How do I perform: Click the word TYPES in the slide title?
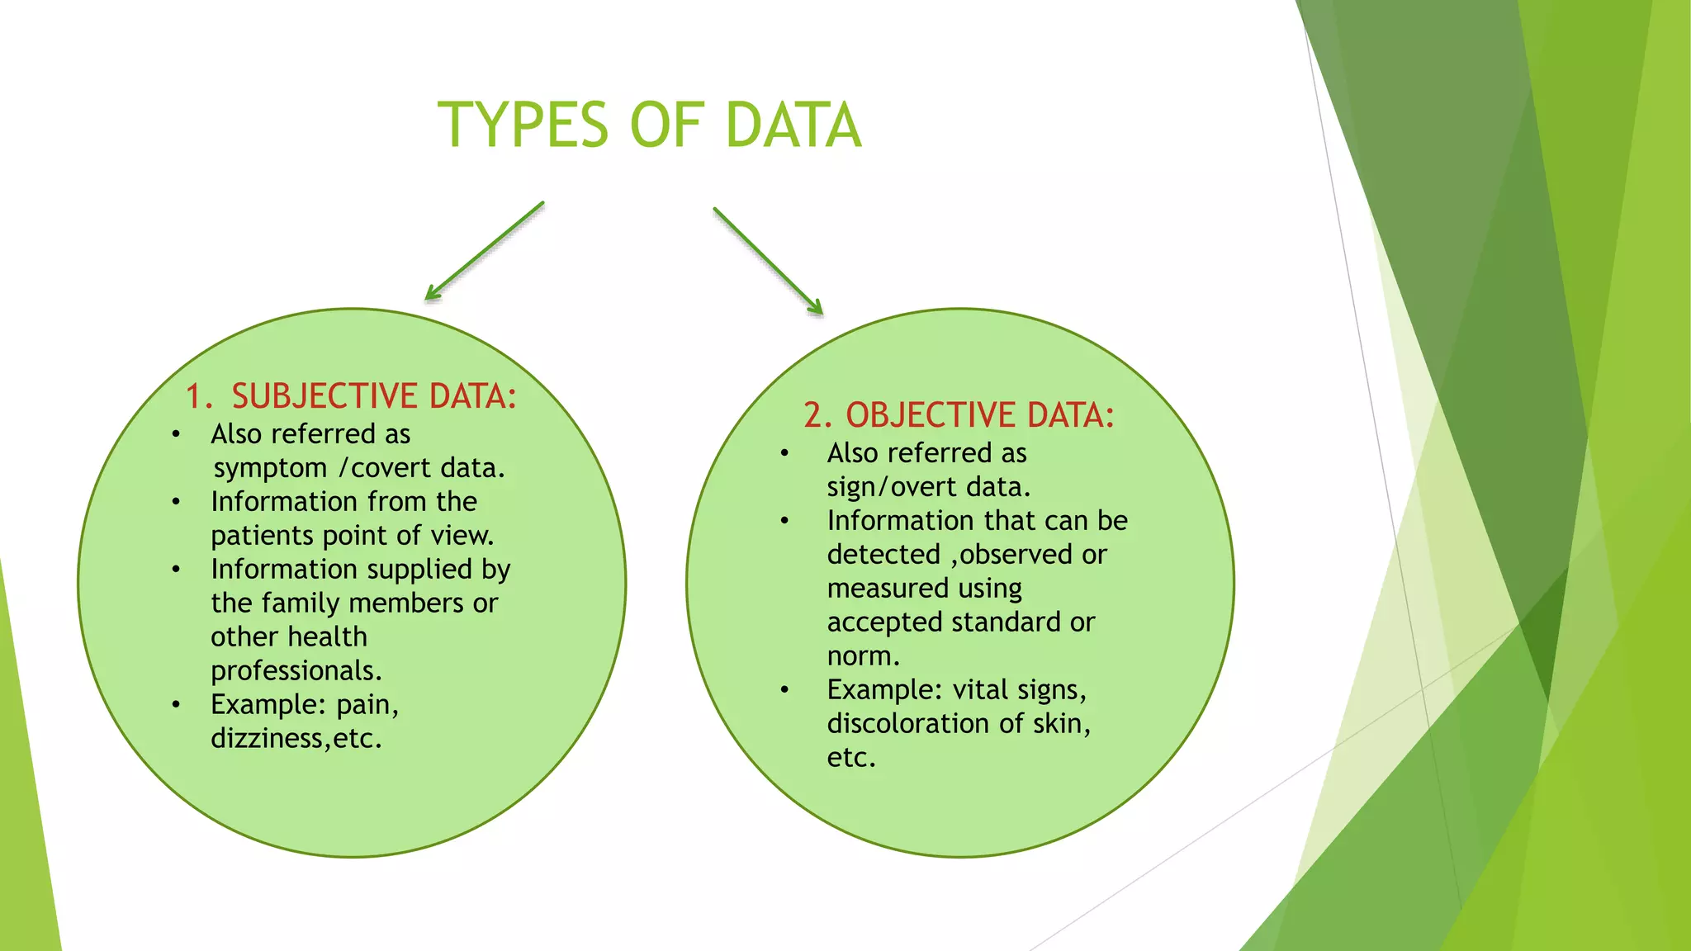523,125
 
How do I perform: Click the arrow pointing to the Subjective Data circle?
485,251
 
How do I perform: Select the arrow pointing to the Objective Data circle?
768,261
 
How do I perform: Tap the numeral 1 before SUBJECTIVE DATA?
195,397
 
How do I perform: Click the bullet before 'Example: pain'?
176,705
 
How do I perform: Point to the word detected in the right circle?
883,555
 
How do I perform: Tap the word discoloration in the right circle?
908,724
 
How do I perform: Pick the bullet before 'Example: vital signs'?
784,690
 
